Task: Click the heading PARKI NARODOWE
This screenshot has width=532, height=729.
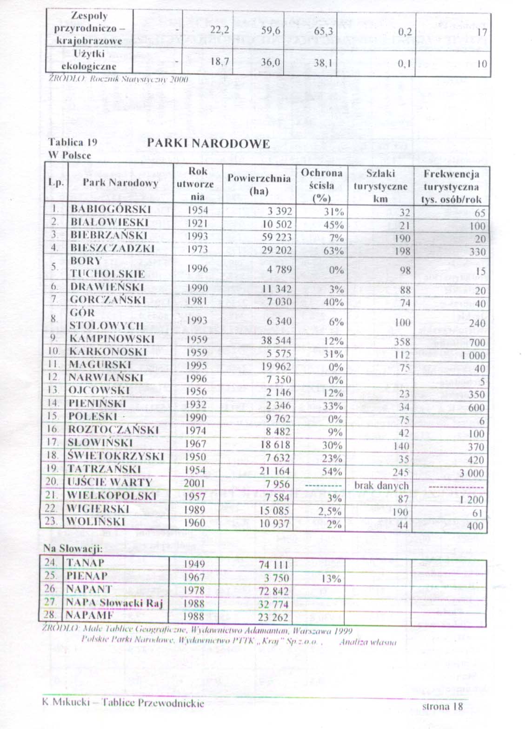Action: coord(208,143)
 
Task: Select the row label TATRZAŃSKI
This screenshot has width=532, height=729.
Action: coord(104,469)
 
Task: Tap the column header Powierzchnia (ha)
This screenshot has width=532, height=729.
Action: coord(259,184)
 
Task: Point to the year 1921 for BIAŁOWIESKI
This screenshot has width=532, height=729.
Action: coord(197,223)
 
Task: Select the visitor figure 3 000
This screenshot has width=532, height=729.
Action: coord(472,474)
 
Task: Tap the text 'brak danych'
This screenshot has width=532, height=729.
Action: coord(381,486)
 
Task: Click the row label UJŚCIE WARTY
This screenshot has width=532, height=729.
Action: coord(110,482)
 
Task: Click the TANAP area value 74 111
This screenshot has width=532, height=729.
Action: coord(274,565)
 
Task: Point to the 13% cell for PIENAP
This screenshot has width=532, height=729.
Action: coord(331,579)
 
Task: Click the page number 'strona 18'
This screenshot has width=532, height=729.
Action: coord(442,706)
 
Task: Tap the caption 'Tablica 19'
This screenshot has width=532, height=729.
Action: coord(73,142)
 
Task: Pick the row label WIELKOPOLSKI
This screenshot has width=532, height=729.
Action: coord(112,496)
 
